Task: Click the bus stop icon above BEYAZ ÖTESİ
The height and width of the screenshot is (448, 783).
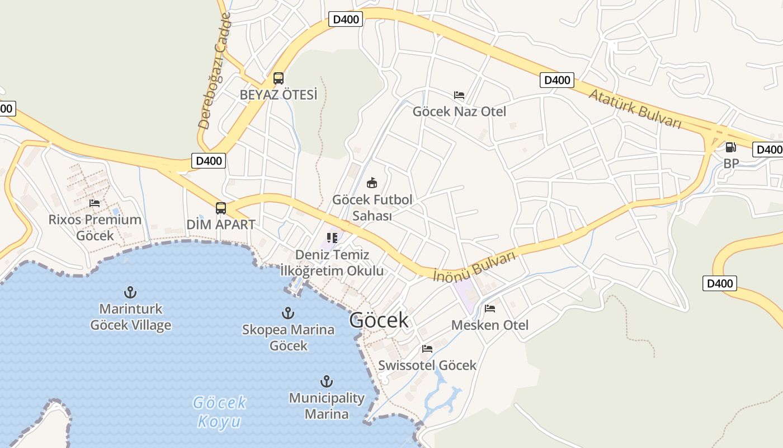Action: pos(279,78)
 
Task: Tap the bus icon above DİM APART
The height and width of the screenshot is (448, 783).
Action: pos(221,208)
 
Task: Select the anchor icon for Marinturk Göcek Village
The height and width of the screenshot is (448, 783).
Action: pos(130,292)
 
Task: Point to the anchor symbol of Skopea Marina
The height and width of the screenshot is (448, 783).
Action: pos(288,312)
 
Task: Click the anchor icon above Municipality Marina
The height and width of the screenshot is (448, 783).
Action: pos(327,382)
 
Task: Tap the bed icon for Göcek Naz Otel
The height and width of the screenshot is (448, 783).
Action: pos(459,95)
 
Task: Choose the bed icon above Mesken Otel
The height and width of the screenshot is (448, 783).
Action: pos(490,309)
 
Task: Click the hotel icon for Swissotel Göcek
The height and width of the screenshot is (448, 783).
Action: pos(427,349)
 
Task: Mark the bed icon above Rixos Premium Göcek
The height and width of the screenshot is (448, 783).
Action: pos(95,203)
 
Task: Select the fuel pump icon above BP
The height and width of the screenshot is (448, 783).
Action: pos(730,147)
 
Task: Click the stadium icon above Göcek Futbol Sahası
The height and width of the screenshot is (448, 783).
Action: pos(372,183)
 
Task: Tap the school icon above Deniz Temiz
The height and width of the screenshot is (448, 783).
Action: pos(332,238)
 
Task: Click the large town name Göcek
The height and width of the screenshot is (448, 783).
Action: pos(379,320)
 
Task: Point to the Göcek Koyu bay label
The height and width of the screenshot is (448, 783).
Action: pos(219,412)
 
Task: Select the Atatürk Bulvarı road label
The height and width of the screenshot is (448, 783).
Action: pos(635,109)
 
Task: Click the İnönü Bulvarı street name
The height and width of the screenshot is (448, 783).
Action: pos(474,267)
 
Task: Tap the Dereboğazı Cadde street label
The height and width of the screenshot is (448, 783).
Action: pos(214,72)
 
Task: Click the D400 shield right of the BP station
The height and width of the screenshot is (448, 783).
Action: pos(768,150)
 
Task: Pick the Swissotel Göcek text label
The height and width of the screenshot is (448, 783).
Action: pos(427,365)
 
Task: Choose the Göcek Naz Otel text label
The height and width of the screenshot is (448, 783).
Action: pos(459,111)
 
